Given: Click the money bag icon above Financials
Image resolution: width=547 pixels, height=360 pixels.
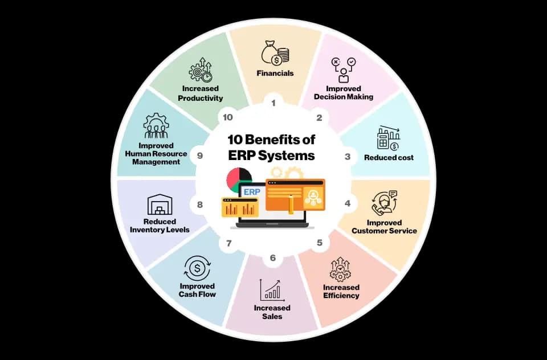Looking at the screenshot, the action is [275, 52].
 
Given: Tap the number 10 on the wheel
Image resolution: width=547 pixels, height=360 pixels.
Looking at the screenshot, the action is [227, 117].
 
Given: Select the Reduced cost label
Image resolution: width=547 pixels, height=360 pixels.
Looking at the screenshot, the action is [389, 157].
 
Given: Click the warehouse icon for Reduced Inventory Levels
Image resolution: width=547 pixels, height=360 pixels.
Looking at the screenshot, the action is [160, 204].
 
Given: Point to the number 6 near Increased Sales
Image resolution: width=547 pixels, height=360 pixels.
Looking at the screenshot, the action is [272, 258].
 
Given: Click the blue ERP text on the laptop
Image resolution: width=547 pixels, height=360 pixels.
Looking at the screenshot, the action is [252, 192].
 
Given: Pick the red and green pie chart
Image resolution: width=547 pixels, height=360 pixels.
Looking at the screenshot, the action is [239, 179].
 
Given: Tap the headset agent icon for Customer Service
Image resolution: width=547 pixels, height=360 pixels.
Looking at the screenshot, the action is [384, 203].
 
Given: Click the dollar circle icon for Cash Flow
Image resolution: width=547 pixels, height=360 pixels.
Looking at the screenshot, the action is [197, 268].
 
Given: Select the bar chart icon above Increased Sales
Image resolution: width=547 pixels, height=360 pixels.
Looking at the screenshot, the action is [272, 291].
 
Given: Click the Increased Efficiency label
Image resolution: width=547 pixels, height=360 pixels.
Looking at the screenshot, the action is [341, 291].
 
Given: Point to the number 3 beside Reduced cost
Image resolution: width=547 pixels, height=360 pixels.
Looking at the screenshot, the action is [348, 157].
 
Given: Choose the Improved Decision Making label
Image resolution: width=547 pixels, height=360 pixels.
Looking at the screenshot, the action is [344, 92].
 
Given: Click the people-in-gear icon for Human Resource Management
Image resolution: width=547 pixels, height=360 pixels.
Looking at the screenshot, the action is [156, 125].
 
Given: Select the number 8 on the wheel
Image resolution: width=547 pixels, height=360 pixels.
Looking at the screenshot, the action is [200, 204].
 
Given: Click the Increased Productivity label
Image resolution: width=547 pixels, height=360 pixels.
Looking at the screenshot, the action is [200, 93].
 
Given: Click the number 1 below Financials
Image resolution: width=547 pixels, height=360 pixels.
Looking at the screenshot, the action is [273, 103].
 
